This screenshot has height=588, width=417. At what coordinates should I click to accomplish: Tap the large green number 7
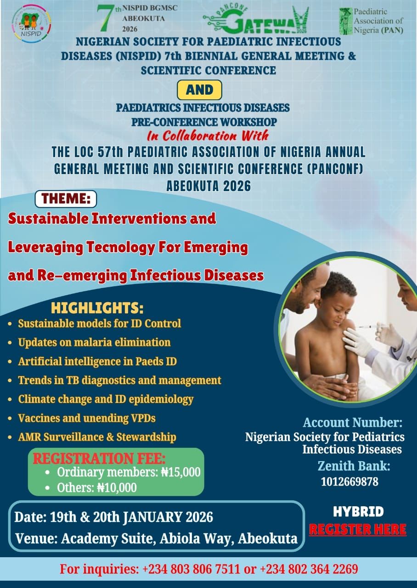[x=106, y=18]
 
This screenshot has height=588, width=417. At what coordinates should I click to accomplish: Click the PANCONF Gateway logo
[x=256, y=20]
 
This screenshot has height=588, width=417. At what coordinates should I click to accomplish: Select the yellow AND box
[x=199, y=90]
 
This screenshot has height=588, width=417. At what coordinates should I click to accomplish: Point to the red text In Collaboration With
[x=208, y=136]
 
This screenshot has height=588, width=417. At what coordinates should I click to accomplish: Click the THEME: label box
[x=66, y=199]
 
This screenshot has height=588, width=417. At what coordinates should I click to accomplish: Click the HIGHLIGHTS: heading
[x=97, y=308]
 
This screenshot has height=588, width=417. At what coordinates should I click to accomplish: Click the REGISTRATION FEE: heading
[x=99, y=458]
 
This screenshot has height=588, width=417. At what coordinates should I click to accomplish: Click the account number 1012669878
[x=349, y=482]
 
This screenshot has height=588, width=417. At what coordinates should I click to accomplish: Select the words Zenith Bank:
[x=354, y=466]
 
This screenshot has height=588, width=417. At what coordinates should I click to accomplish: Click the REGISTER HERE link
[x=358, y=529]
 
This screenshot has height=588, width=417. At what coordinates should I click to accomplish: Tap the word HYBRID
[x=358, y=512]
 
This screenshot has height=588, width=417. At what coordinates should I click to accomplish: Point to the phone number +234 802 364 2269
[x=309, y=569]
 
